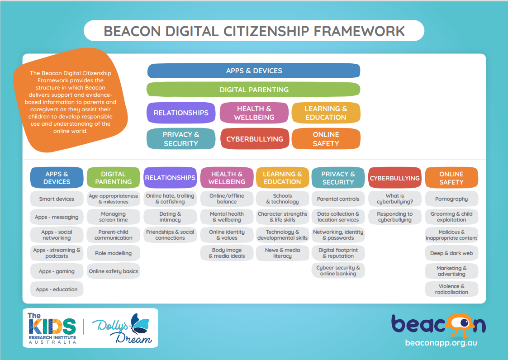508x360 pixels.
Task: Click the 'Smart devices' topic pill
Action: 57,199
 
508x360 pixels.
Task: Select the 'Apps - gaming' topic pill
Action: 57,271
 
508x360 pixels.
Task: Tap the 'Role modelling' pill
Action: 113,253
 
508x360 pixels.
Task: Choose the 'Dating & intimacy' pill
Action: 170,217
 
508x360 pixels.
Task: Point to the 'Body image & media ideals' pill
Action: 227,253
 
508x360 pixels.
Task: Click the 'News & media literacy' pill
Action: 282,253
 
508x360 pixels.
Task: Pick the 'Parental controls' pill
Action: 338,199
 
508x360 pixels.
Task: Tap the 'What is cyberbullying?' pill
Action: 394,199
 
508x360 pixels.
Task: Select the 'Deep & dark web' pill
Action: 451,253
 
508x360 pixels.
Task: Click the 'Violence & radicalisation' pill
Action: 451,289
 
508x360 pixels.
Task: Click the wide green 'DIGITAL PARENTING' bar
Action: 254,90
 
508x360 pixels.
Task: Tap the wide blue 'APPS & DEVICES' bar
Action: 254,71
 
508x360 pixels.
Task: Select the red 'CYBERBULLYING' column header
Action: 394,178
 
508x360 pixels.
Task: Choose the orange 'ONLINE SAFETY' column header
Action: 451,178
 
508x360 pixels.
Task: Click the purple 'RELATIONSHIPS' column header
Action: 170,178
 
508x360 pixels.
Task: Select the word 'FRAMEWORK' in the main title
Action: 359,31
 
